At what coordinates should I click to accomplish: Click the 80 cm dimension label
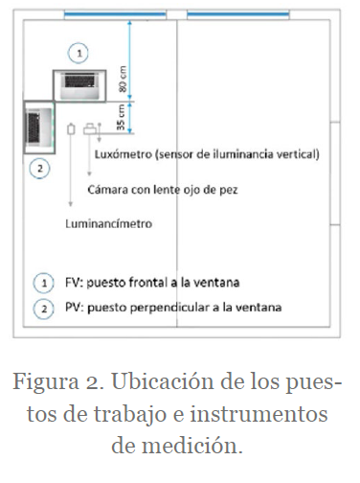(x=123, y=79)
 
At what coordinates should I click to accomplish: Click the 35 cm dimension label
(x=122, y=117)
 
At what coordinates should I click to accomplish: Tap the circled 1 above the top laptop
(x=79, y=53)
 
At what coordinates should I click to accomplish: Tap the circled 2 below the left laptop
(x=39, y=169)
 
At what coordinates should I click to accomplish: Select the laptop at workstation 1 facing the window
(x=79, y=85)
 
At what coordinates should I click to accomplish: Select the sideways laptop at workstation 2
(x=39, y=127)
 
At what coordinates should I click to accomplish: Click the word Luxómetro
(x=124, y=154)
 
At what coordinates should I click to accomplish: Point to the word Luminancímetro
(x=108, y=223)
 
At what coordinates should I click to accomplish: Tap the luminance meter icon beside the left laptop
(x=71, y=128)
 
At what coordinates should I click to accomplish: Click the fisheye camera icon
(x=90, y=128)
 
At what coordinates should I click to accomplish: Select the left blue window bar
(x=115, y=13)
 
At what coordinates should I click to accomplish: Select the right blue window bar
(x=238, y=13)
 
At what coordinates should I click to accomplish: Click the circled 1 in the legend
(x=44, y=283)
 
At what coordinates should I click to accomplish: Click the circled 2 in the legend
(x=44, y=309)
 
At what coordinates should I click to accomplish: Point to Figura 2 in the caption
(x=58, y=381)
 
